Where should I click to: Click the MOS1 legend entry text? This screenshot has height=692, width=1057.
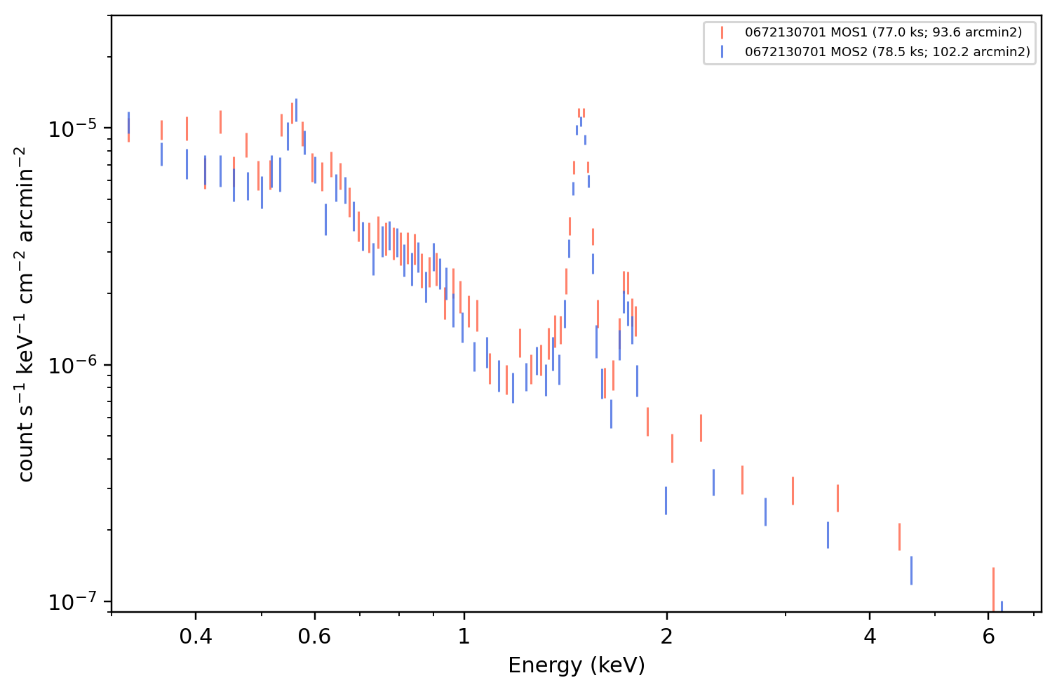coord(883,32)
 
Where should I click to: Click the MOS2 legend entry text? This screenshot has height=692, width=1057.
coord(887,51)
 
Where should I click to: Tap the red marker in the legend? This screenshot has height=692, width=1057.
coord(722,32)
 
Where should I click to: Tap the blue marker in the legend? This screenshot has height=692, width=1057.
coord(722,51)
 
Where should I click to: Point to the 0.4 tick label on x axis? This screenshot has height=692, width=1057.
coord(196,637)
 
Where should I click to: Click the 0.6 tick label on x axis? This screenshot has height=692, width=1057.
coord(314,637)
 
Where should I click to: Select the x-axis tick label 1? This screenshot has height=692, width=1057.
coord(464,637)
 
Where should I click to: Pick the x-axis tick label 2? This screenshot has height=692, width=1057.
coord(666,637)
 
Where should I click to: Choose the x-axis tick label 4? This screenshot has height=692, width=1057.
coord(870,637)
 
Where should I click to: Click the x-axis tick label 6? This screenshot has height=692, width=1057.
coord(988,637)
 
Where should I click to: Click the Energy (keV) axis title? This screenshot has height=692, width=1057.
coord(576,665)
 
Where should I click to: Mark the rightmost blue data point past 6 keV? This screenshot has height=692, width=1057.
coord(1002,606)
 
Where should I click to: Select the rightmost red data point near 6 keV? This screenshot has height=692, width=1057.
coord(993,590)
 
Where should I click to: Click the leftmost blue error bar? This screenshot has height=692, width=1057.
coord(129,123)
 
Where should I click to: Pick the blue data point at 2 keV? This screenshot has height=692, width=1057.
coord(666,500)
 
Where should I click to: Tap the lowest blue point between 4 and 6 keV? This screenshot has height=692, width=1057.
coord(911,571)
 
